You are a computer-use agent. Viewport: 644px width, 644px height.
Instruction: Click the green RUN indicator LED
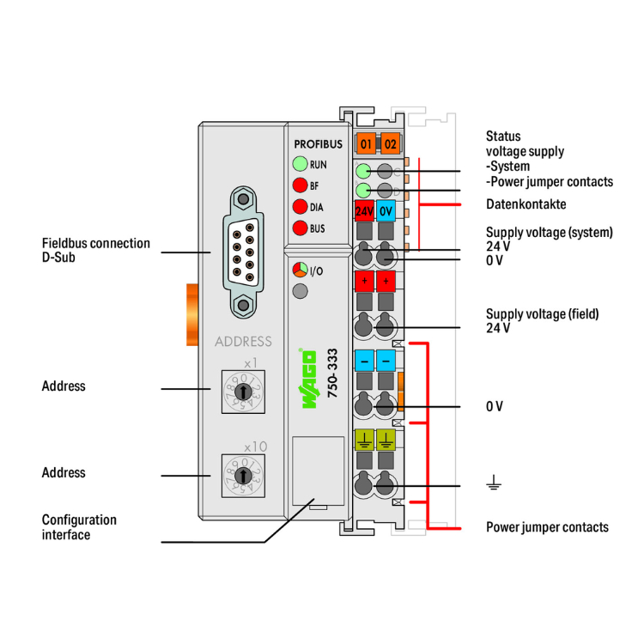pyautogui.click(x=300, y=163)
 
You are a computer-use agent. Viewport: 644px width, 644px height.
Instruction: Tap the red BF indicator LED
pyautogui.click(x=300, y=185)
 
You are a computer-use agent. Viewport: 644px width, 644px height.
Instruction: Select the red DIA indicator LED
pyautogui.click(x=300, y=206)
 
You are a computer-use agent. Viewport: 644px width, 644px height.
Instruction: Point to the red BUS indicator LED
pyautogui.click(x=300, y=228)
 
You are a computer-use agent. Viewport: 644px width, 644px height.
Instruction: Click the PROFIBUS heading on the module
pyautogui.click(x=319, y=143)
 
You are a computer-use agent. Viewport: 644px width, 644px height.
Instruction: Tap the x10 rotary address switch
pyautogui.click(x=244, y=473)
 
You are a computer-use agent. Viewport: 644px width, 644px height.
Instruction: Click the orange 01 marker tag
pyautogui.click(x=367, y=143)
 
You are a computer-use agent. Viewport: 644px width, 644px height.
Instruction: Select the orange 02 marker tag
pyautogui.click(x=390, y=143)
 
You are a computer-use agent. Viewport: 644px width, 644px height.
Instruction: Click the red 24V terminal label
pyautogui.click(x=364, y=210)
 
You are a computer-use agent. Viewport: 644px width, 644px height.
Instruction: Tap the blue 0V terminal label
pyautogui.click(x=386, y=210)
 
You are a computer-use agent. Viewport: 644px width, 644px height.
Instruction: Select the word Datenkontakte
pyautogui.click(x=526, y=204)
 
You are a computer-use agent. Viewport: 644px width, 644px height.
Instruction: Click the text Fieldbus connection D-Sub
pyautogui.click(x=95, y=250)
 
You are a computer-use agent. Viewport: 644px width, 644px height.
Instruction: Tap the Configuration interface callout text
pyautogui.click(x=79, y=527)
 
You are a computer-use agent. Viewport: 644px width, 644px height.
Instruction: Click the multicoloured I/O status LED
pyautogui.click(x=300, y=270)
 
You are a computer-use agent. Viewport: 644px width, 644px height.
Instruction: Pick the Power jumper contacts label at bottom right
pyautogui.click(x=547, y=526)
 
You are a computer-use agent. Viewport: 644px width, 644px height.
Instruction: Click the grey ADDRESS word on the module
pyautogui.click(x=243, y=341)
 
